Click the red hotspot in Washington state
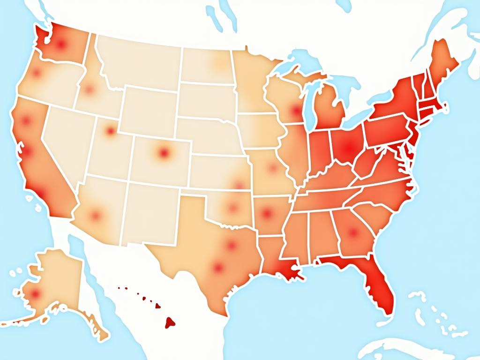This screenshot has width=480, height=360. click(x=60, y=45)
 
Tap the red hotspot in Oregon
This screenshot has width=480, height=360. click(x=36, y=73)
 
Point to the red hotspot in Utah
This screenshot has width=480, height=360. click(x=110, y=131)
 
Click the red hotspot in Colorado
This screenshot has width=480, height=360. click(x=163, y=152)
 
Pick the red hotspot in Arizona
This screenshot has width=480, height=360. click(x=96, y=216)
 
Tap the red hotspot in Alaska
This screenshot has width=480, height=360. click(x=34, y=294)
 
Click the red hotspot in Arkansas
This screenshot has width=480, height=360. click(x=267, y=214)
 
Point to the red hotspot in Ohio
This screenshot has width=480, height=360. click(x=347, y=148)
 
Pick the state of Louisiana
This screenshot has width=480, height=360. click(x=277, y=262)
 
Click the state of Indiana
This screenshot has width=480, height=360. click(x=319, y=150)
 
